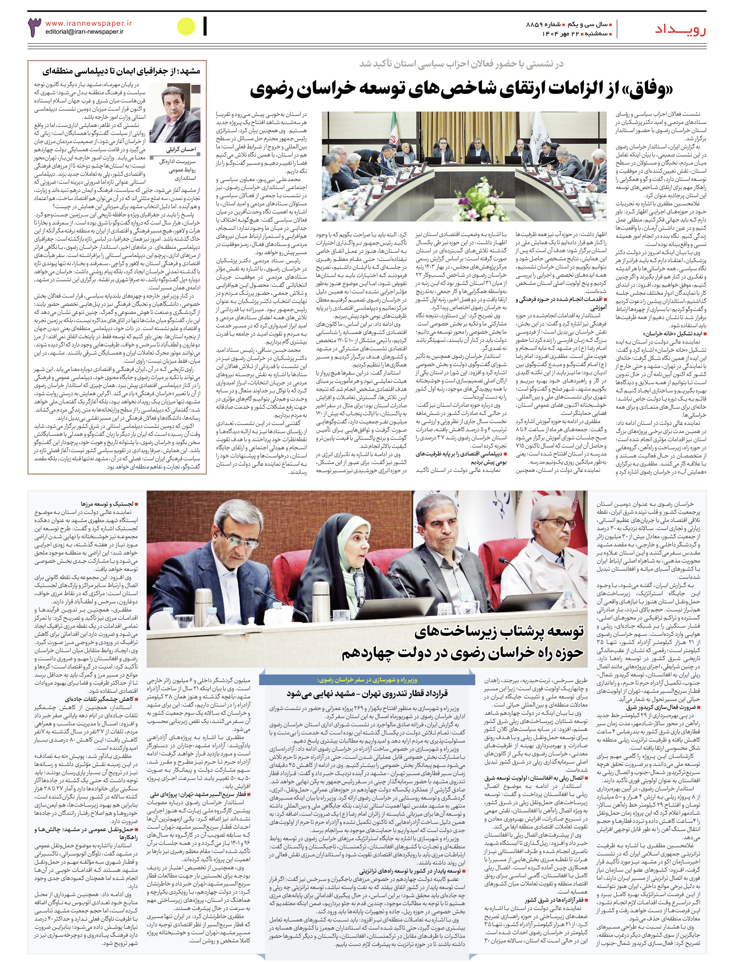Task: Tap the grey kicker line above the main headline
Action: [x=461, y=64]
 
